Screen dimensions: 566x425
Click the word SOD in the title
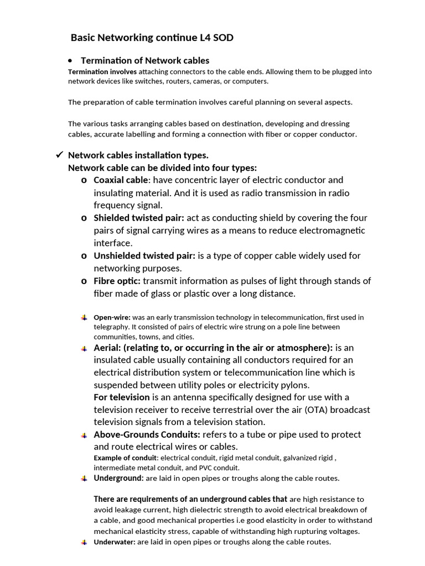click(222, 38)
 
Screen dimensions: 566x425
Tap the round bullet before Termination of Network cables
click(70, 61)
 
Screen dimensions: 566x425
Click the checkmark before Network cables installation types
click(60, 155)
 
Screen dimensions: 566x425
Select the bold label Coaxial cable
click(121, 180)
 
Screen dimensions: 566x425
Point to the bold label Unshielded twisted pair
click(144, 255)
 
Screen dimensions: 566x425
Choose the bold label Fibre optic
click(117, 281)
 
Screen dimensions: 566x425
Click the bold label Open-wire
click(112, 317)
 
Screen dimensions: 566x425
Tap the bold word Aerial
click(106, 348)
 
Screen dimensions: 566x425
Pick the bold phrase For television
click(122, 397)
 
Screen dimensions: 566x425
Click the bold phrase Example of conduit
click(126, 458)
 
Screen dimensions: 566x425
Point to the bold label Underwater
click(114, 542)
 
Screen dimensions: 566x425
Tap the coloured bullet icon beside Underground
click(84, 478)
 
